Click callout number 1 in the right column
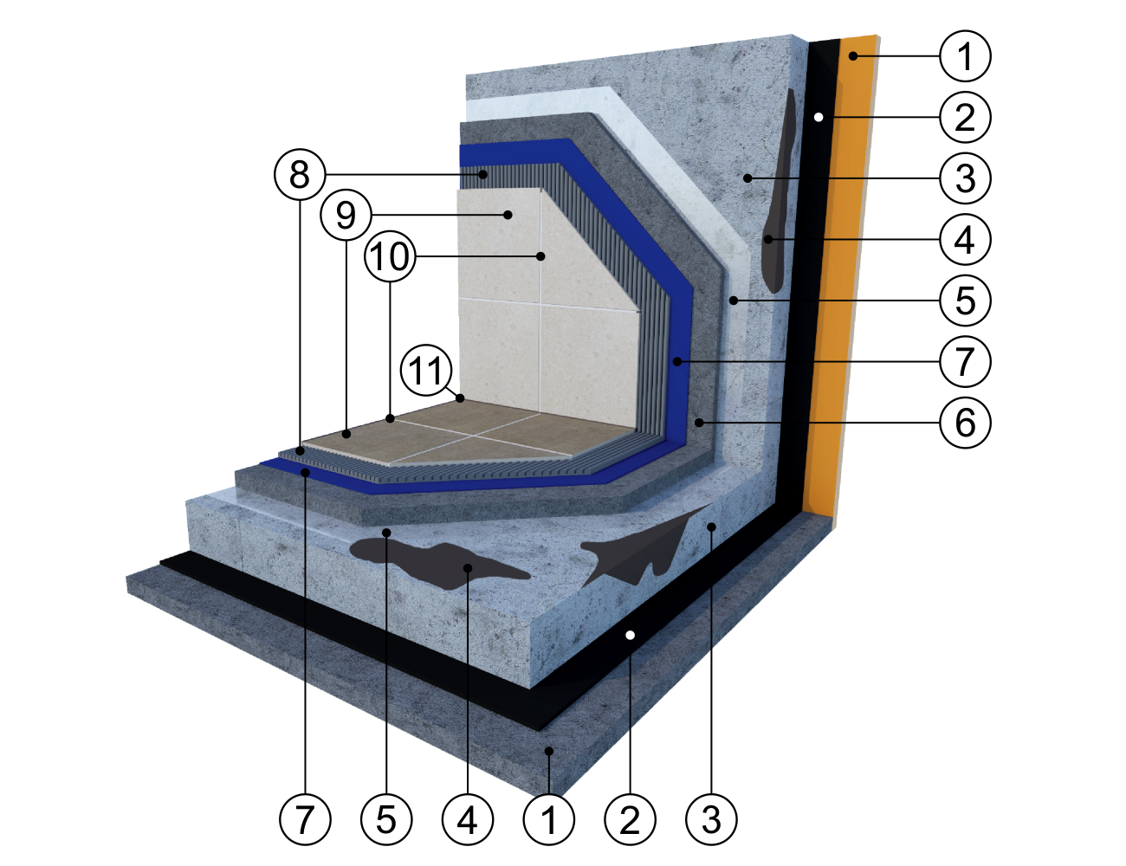[x=965, y=56]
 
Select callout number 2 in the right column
[x=965, y=118]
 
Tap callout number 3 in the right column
[x=965, y=178]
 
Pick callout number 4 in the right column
[x=965, y=240]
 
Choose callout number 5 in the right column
[x=965, y=301]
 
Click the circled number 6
[x=965, y=423]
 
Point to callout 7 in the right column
[x=965, y=361]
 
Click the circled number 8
[x=300, y=175]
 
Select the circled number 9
[x=346, y=215]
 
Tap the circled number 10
[x=390, y=255]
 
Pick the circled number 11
[x=426, y=371]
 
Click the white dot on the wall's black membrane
[x=819, y=118]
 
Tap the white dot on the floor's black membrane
[x=630, y=635]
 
